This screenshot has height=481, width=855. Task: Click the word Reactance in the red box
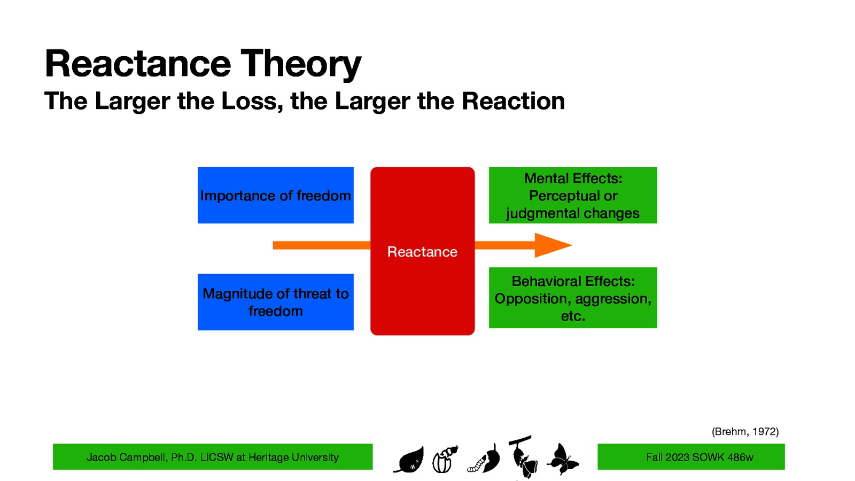422,252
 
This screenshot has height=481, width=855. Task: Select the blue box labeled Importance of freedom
275,195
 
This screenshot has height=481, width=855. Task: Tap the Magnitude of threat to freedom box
275,302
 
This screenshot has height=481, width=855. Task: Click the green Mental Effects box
573,195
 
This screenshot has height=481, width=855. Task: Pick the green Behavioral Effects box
573,298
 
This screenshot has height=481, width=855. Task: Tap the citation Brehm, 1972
745,431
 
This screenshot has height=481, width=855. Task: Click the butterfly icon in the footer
563,459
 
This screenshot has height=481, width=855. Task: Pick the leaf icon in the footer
410,460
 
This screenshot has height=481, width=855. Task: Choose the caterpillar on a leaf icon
485,460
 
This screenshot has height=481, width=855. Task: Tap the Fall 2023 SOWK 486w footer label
699,457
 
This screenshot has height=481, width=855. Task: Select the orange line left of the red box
321,245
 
